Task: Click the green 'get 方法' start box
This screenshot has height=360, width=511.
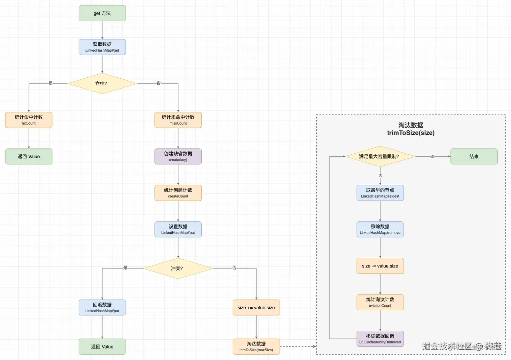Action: coord(102,13)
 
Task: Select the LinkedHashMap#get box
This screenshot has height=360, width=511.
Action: coord(102,47)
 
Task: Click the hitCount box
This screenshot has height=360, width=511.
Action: coord(29,120)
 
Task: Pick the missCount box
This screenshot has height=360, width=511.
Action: coord(178,120)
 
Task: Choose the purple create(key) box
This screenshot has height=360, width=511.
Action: coord(178,156)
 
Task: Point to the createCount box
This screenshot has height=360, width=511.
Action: coord(178,193)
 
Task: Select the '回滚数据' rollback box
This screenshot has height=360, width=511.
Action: coord(102,307)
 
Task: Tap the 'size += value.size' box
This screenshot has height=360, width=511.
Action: coord(256,307)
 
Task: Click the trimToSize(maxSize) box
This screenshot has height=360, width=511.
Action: coord(256,346)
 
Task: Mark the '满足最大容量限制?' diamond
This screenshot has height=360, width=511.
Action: coord(380,156)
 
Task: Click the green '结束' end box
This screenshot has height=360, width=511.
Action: coord(474,156)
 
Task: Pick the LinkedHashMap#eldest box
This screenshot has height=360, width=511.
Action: coord(380,193)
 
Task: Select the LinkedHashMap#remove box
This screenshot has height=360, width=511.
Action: coord(380,229)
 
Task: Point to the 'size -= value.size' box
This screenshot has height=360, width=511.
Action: coord(380,266)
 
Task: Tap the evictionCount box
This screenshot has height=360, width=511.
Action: coord(380,302)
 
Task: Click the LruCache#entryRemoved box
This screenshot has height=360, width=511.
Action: coord(380,338)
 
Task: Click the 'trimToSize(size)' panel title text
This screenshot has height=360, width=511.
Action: coord(411,133)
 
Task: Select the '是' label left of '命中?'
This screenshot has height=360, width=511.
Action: coord(51,83)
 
